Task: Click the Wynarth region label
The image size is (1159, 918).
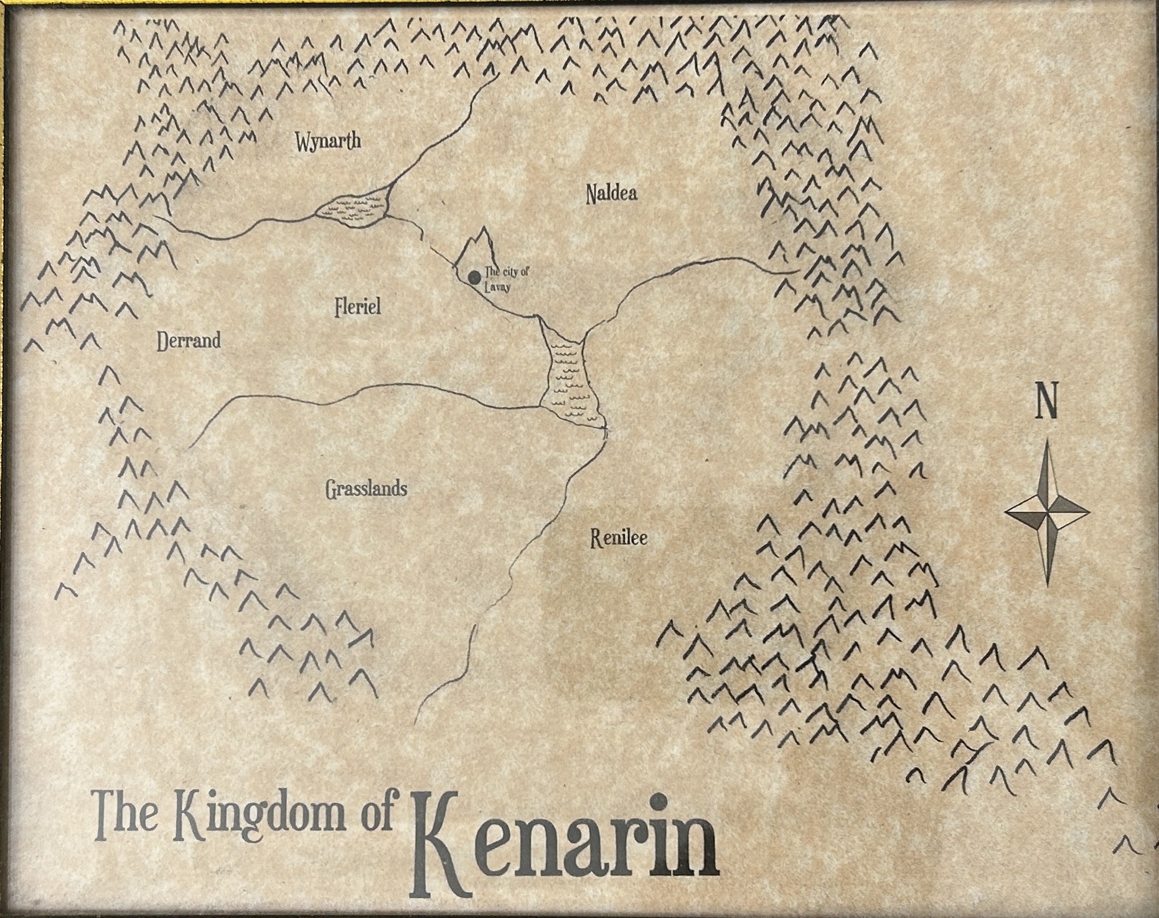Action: [x=328, y=141]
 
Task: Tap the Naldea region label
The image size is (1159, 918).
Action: [x=611, y=194]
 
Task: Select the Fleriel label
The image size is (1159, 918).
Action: [x=357, y=306]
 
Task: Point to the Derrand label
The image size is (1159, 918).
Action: [x=189, y=340]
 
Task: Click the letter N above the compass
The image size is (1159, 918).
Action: [x=1046, y=403]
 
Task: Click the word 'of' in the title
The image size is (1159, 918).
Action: [x=377, y=813]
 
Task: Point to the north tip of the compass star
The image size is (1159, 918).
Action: [x=1048, y=443]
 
